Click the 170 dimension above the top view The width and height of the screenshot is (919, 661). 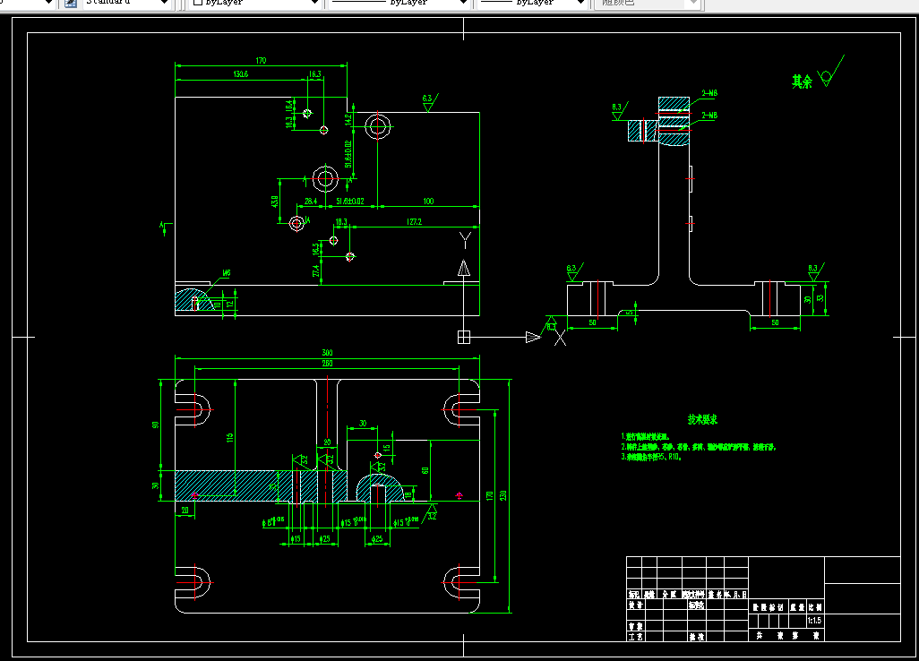261,61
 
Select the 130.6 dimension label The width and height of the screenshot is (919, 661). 240,74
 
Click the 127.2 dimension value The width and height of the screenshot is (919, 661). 414,222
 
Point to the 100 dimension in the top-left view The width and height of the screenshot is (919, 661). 428,202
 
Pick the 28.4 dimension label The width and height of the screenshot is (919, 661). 311,202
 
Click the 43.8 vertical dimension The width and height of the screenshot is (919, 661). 275,202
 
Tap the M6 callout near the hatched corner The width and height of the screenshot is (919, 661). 227,273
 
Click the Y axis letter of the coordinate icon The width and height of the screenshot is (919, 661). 464,239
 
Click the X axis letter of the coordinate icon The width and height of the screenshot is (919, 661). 561,338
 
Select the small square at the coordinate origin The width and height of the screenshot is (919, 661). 463,338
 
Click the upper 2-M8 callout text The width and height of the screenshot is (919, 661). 709,93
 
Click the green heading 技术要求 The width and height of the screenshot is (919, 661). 701,419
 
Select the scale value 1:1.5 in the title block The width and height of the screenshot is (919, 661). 814,620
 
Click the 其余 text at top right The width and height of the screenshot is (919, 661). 801,82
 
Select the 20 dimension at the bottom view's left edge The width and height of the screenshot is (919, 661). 185,511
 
